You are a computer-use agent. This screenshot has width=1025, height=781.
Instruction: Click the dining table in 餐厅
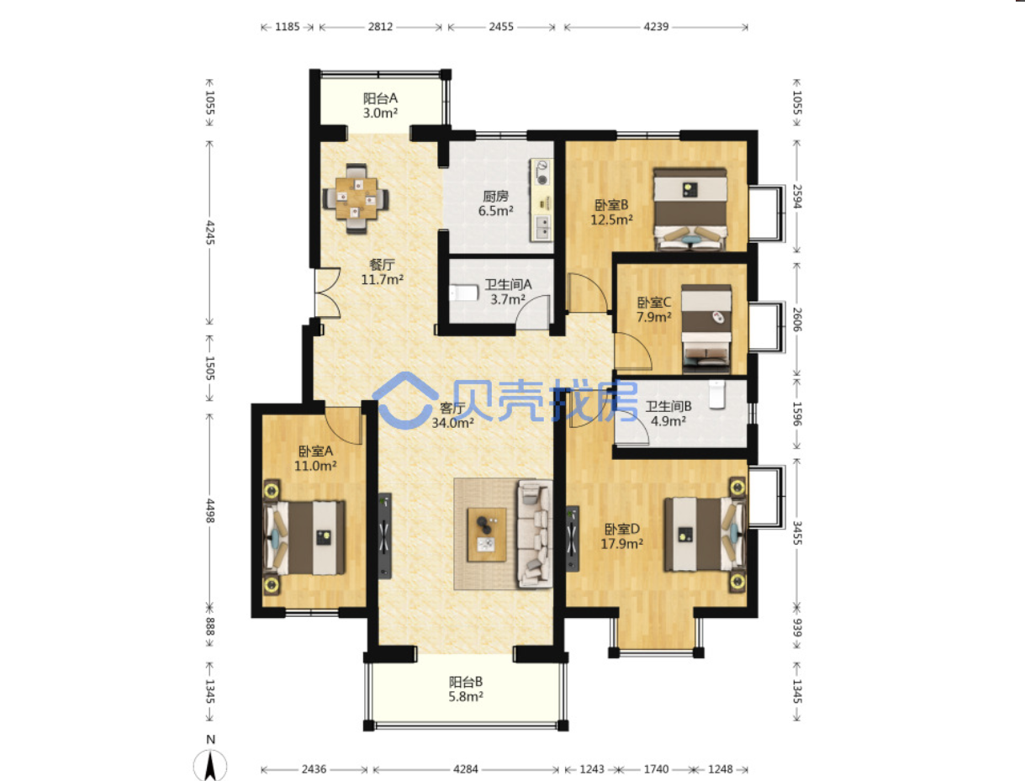pos(356,198)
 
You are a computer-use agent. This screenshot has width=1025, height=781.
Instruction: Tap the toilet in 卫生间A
pos(464,293)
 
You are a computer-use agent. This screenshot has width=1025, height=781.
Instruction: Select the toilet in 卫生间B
pos(716,394)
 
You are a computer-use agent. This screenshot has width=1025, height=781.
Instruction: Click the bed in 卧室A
pos(304,537)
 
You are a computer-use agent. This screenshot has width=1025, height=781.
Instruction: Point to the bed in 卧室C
pos(706,329)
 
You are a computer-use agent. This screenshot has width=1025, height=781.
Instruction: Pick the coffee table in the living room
pos(487,535)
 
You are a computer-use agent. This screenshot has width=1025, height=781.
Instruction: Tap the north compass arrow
pos(210,765)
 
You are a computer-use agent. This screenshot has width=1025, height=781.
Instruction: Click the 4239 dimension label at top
pos(656,27)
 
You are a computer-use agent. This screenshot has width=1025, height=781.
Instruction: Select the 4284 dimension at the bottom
pos(466,769)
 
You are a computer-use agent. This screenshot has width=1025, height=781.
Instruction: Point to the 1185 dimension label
pos(288,27)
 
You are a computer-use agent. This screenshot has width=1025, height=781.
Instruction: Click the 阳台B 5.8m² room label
pos(466,689)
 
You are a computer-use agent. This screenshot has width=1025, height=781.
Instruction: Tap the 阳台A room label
pos(380,98)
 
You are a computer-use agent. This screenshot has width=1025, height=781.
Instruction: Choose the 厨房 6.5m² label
pos(495,203)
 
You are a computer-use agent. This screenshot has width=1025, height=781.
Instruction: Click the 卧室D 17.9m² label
pos(621,536)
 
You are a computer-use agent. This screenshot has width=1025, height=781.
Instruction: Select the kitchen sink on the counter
pos(542,229)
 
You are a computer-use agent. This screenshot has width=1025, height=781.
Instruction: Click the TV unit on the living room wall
pos(384,536)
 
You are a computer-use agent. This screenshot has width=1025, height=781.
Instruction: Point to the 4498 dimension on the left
pos(210,510)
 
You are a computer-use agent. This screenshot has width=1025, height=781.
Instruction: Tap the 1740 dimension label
pos(656,769)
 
